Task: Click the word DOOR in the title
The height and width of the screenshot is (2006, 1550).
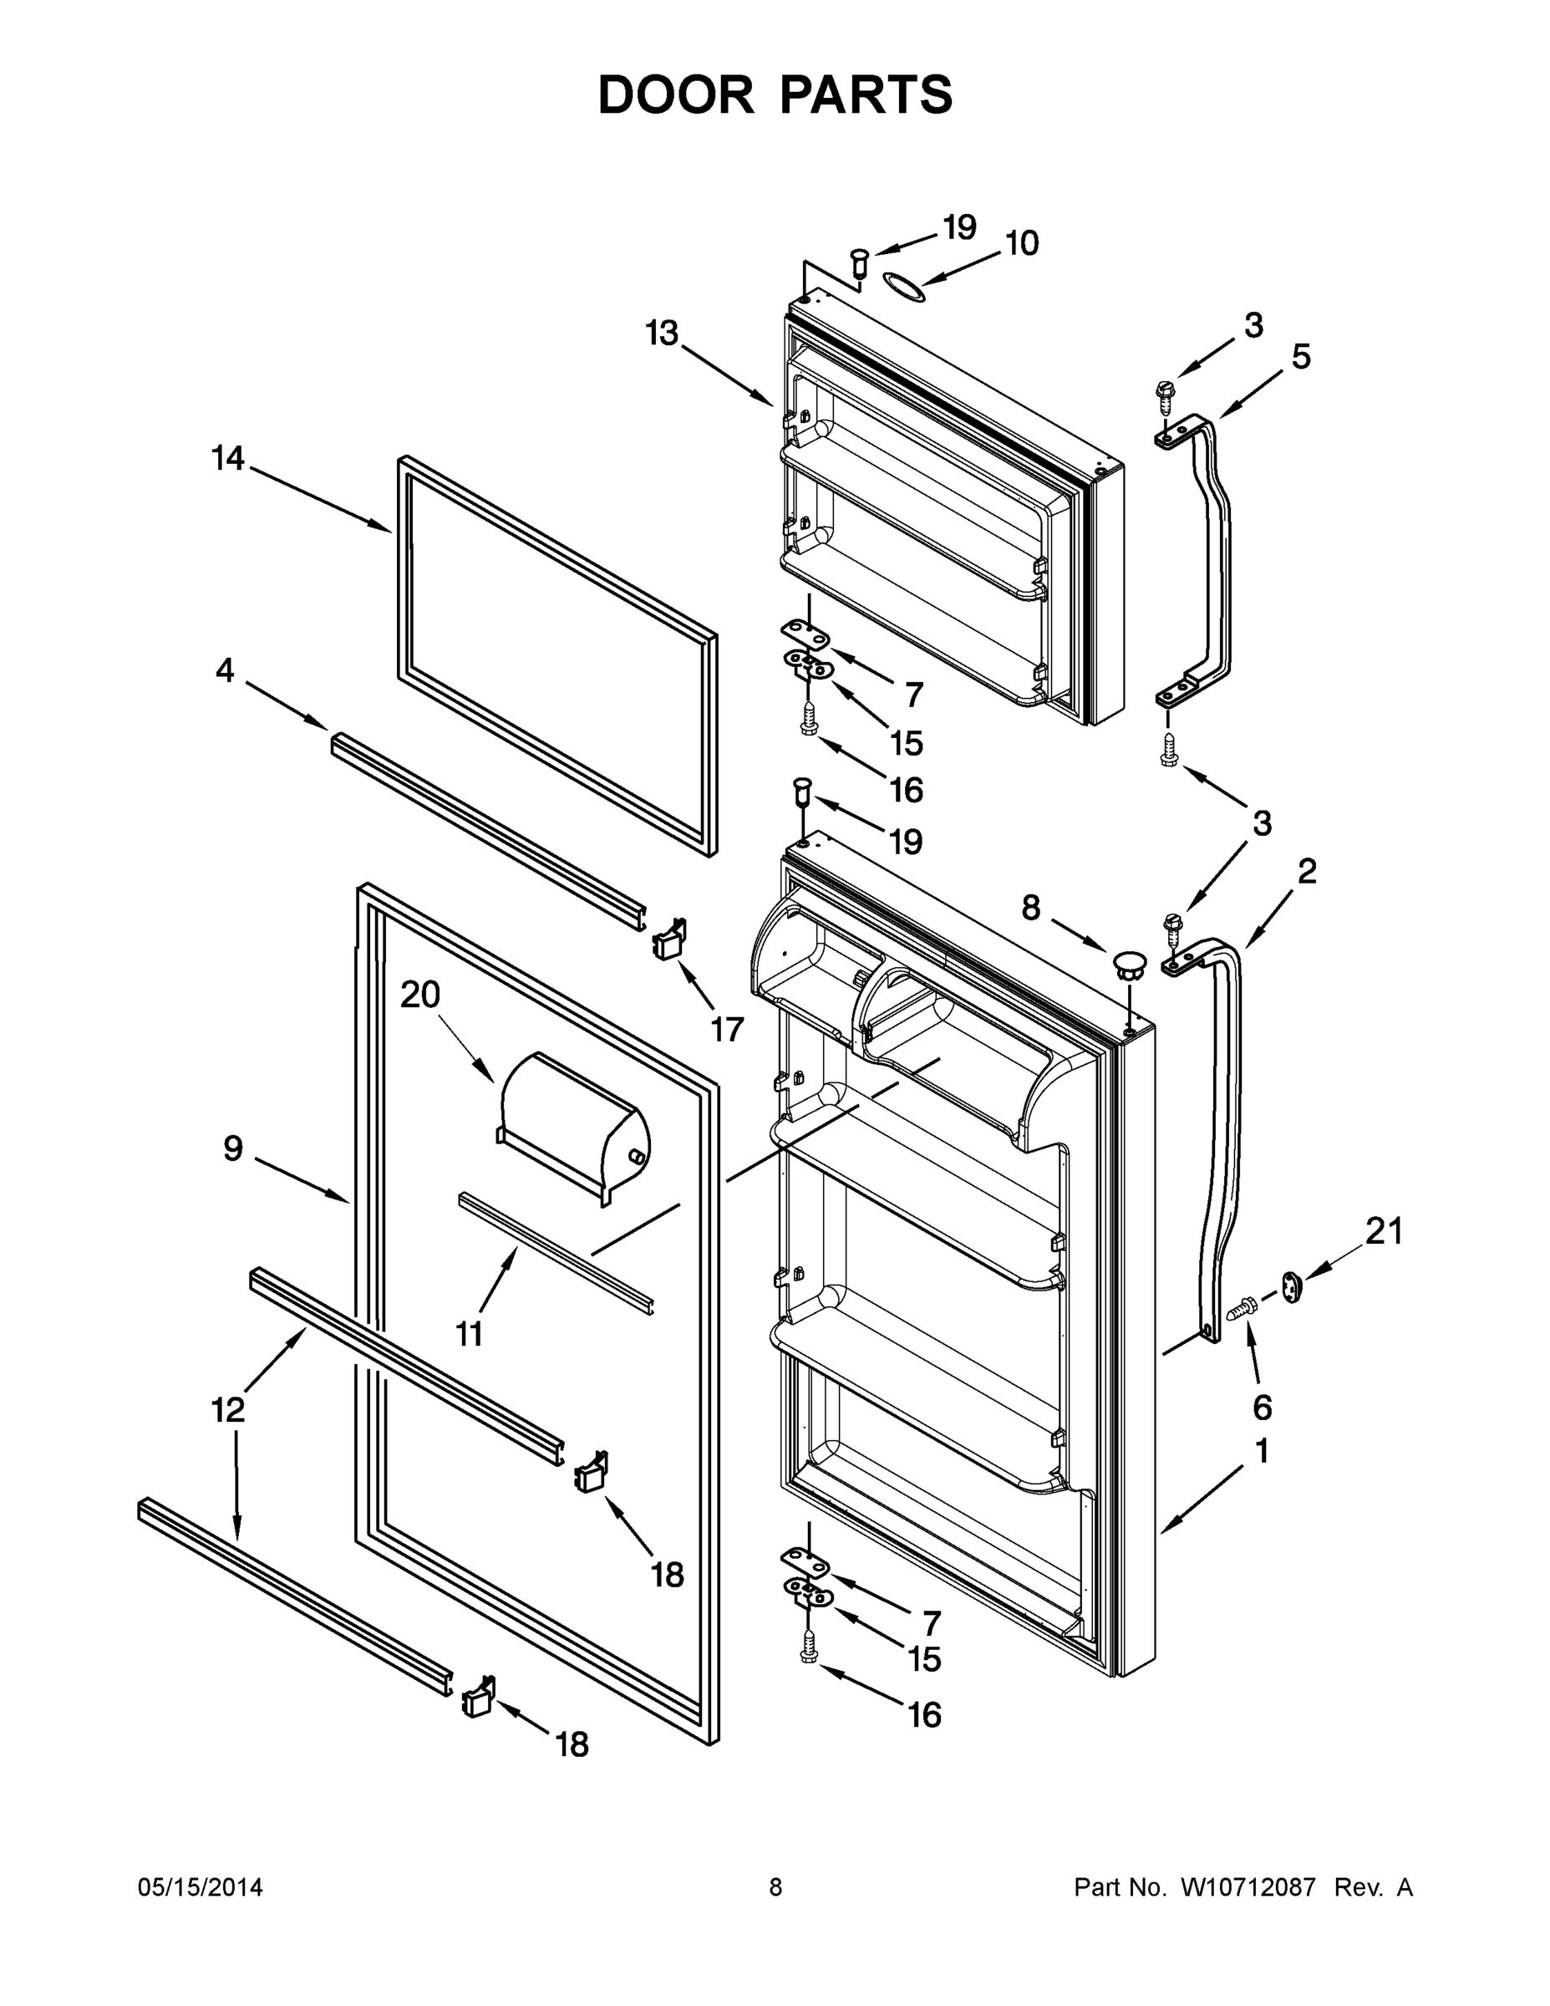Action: tap(676, 94)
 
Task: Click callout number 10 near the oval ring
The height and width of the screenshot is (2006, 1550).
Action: tap(1021, 243)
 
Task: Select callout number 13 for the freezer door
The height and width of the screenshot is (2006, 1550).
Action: tap(661, 333)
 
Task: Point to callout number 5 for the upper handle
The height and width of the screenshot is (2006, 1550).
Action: tap(1301, 356)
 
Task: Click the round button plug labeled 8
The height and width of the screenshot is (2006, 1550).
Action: tap(1130, 964)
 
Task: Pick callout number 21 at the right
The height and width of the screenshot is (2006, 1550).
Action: tap(1384, 1232)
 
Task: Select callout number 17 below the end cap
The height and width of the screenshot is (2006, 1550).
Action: tap(726, 1030)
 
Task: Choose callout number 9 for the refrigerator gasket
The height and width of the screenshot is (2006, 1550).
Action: tap(233, 1148)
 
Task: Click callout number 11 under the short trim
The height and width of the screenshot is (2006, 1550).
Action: tap(470, 1334)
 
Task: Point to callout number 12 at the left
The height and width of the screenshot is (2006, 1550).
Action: tap(229, 1409)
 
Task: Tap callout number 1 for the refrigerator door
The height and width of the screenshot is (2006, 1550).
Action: tap(1262, 1452)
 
